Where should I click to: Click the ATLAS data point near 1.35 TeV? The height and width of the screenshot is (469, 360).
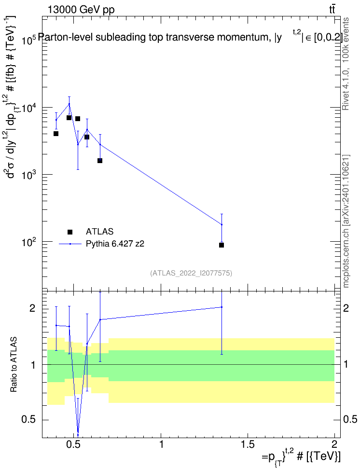coord(222,245)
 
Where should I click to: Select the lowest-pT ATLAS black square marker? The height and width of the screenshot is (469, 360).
coord(56,133)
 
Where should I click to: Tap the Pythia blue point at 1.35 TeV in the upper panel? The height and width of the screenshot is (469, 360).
coord(222,224)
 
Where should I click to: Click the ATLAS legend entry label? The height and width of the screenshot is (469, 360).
coord(99,232)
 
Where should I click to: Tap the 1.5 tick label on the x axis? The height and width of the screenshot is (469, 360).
coord(248,444)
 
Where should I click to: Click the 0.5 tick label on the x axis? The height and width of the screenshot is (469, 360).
coord(74,444)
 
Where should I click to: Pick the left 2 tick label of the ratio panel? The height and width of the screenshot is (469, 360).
coord(32,308)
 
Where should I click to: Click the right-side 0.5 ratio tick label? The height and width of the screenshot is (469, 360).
coord(350,419)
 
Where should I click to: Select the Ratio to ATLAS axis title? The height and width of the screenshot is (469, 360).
coord(14,365)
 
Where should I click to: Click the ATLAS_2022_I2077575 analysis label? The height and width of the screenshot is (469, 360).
coord(191,273)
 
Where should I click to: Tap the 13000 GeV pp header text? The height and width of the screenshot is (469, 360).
coord(81,10)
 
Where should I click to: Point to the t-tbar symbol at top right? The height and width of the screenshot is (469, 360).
coord(332,9)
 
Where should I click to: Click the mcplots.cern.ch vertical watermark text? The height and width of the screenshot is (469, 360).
coord(346,221)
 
